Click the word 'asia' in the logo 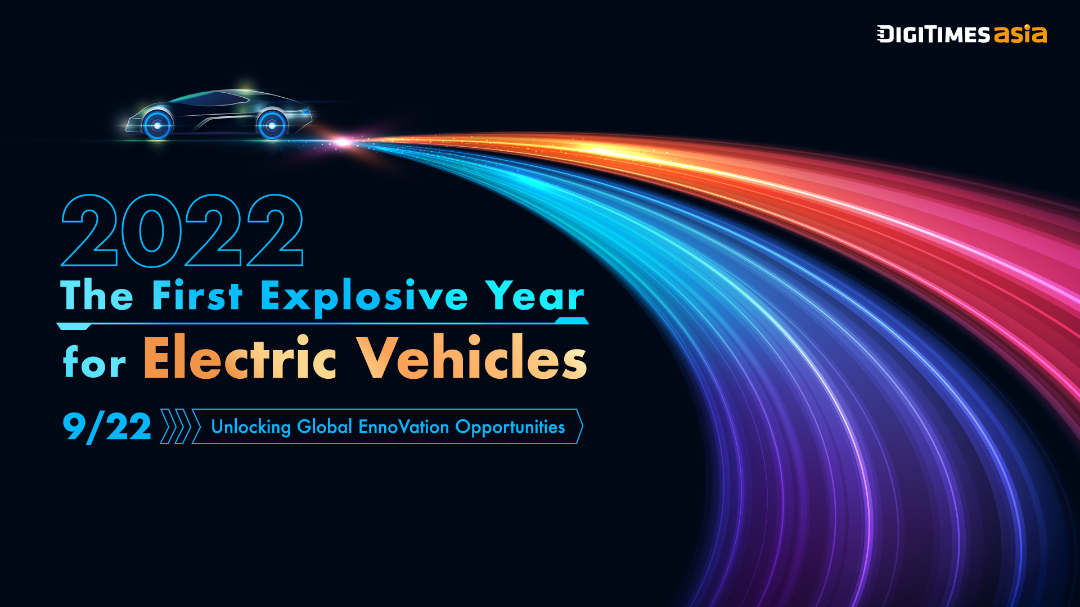click(x=1020, y=34)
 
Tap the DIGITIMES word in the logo click(x=934, y=34)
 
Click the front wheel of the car click(x=157, y=125)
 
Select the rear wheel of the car click(x=272, y=125)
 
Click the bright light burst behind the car click(x=342, y=143)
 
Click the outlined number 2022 click(x=182, y=230)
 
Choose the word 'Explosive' click(x=364, y=298)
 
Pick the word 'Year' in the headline click(x=535, y=295)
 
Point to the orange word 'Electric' click(x=240, y=357)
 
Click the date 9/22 click(x=107, y=427)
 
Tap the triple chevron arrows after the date click(x=180, y=427)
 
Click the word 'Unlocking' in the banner click(x=251, y=427)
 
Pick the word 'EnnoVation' click(x=404, y=427)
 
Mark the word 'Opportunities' click(x=510, y=428)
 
